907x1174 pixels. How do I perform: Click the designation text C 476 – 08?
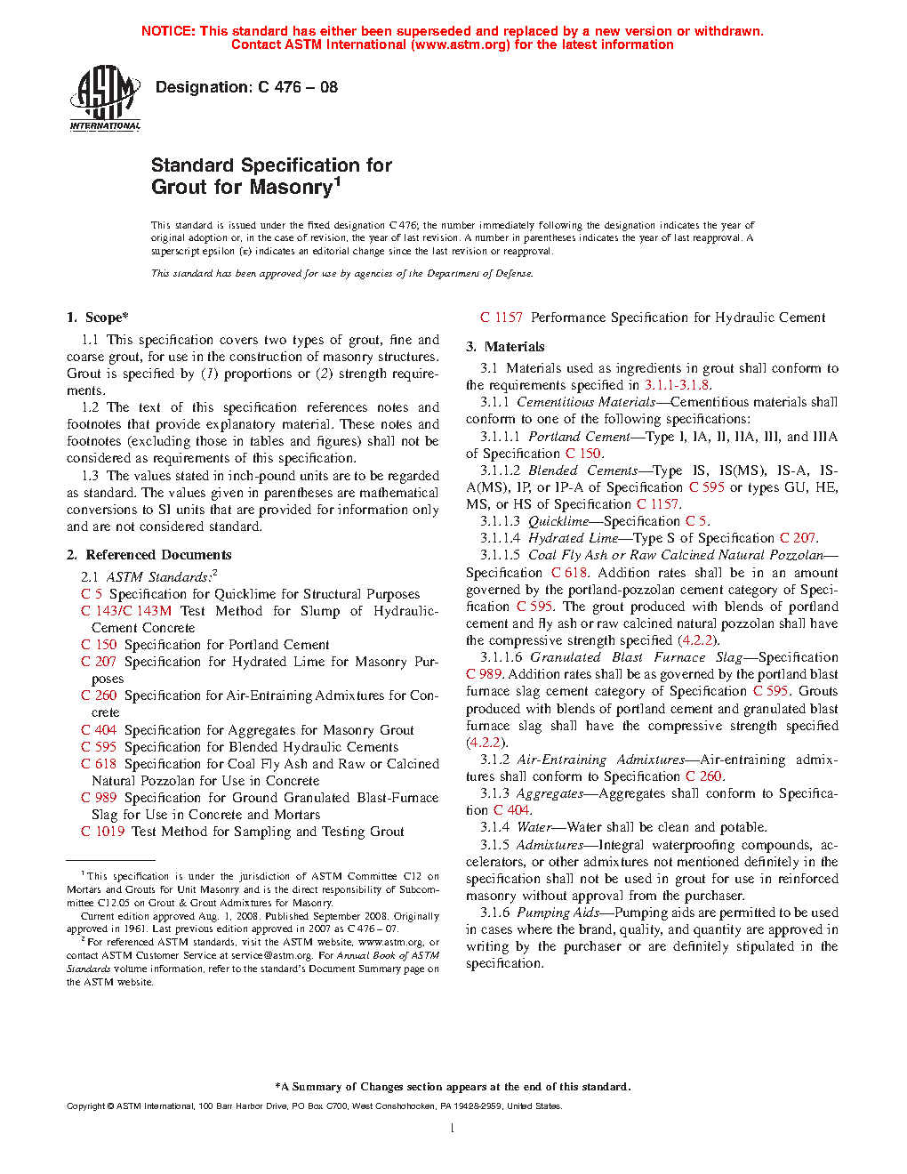pyautogui.click(x=297, y=87)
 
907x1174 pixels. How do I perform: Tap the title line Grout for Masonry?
pyautogui.click(x=242, y=188)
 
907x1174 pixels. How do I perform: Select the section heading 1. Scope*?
pyautogui.click(x=98, y=318)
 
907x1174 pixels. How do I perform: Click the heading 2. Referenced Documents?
pyautogui.click(x=149, y=555)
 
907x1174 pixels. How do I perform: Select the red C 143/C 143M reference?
pyautogui.click(x=126, y=611)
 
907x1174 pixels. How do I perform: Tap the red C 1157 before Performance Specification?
pyautogui.click(x=502, y=318)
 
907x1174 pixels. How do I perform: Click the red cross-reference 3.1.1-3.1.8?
pyautogui.click(x=677, y=385)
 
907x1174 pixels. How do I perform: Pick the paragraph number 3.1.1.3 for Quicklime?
pyautogui.click(x=500, y=521)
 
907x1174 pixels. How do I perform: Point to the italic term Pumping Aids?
pyautogui.click(x=558, y=913)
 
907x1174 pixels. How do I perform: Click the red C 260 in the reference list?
pyautogui.click(x=99, y=696)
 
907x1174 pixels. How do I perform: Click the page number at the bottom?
pyautogui.click(x=453, y=1129)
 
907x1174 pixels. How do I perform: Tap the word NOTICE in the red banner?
pyautogui.click(x=168, y=31)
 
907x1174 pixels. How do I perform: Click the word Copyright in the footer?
pyautogui.click(x=86, y=1106)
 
